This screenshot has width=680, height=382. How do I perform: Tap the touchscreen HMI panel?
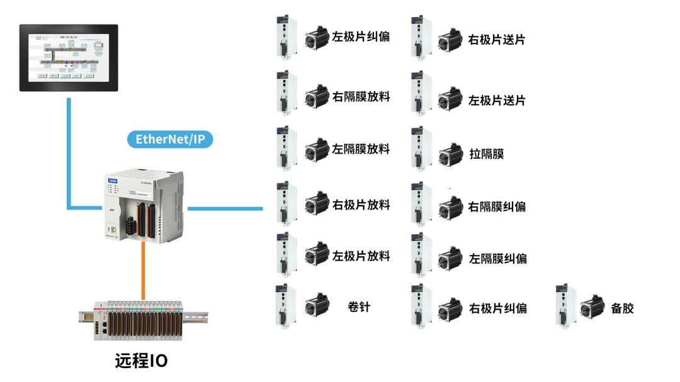(69, 57)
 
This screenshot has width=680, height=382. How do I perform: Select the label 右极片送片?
(497, 40)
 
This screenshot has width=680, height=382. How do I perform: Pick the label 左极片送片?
(497, 101)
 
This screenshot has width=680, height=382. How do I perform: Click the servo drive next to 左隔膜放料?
(286, 149)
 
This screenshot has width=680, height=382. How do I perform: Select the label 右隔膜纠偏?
(497, 206)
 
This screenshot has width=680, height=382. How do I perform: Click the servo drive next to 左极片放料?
(286, 255)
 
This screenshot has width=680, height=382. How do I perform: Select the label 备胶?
(622, 308)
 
